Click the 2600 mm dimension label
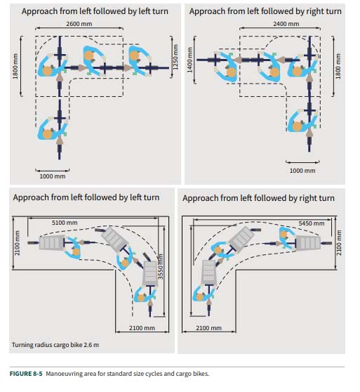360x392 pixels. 79,24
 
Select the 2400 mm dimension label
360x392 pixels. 286,24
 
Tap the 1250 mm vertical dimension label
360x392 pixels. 175,57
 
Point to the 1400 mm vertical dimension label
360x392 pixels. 189,60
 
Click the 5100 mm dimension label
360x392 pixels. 65,223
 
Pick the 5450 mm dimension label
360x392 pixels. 312,223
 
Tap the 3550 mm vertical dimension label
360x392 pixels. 161,266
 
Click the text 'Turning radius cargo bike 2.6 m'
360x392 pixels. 55,345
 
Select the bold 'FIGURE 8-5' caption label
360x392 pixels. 26,374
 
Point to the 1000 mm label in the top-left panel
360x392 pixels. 53,176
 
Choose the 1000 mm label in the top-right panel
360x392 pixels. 302,171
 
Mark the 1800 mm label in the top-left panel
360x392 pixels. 15,66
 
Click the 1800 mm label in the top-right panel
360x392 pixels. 338,66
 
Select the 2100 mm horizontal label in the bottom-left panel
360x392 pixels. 142,328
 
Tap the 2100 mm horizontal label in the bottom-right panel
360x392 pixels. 208,328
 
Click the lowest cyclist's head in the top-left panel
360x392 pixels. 47,134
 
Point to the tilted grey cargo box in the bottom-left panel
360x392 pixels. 115,239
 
